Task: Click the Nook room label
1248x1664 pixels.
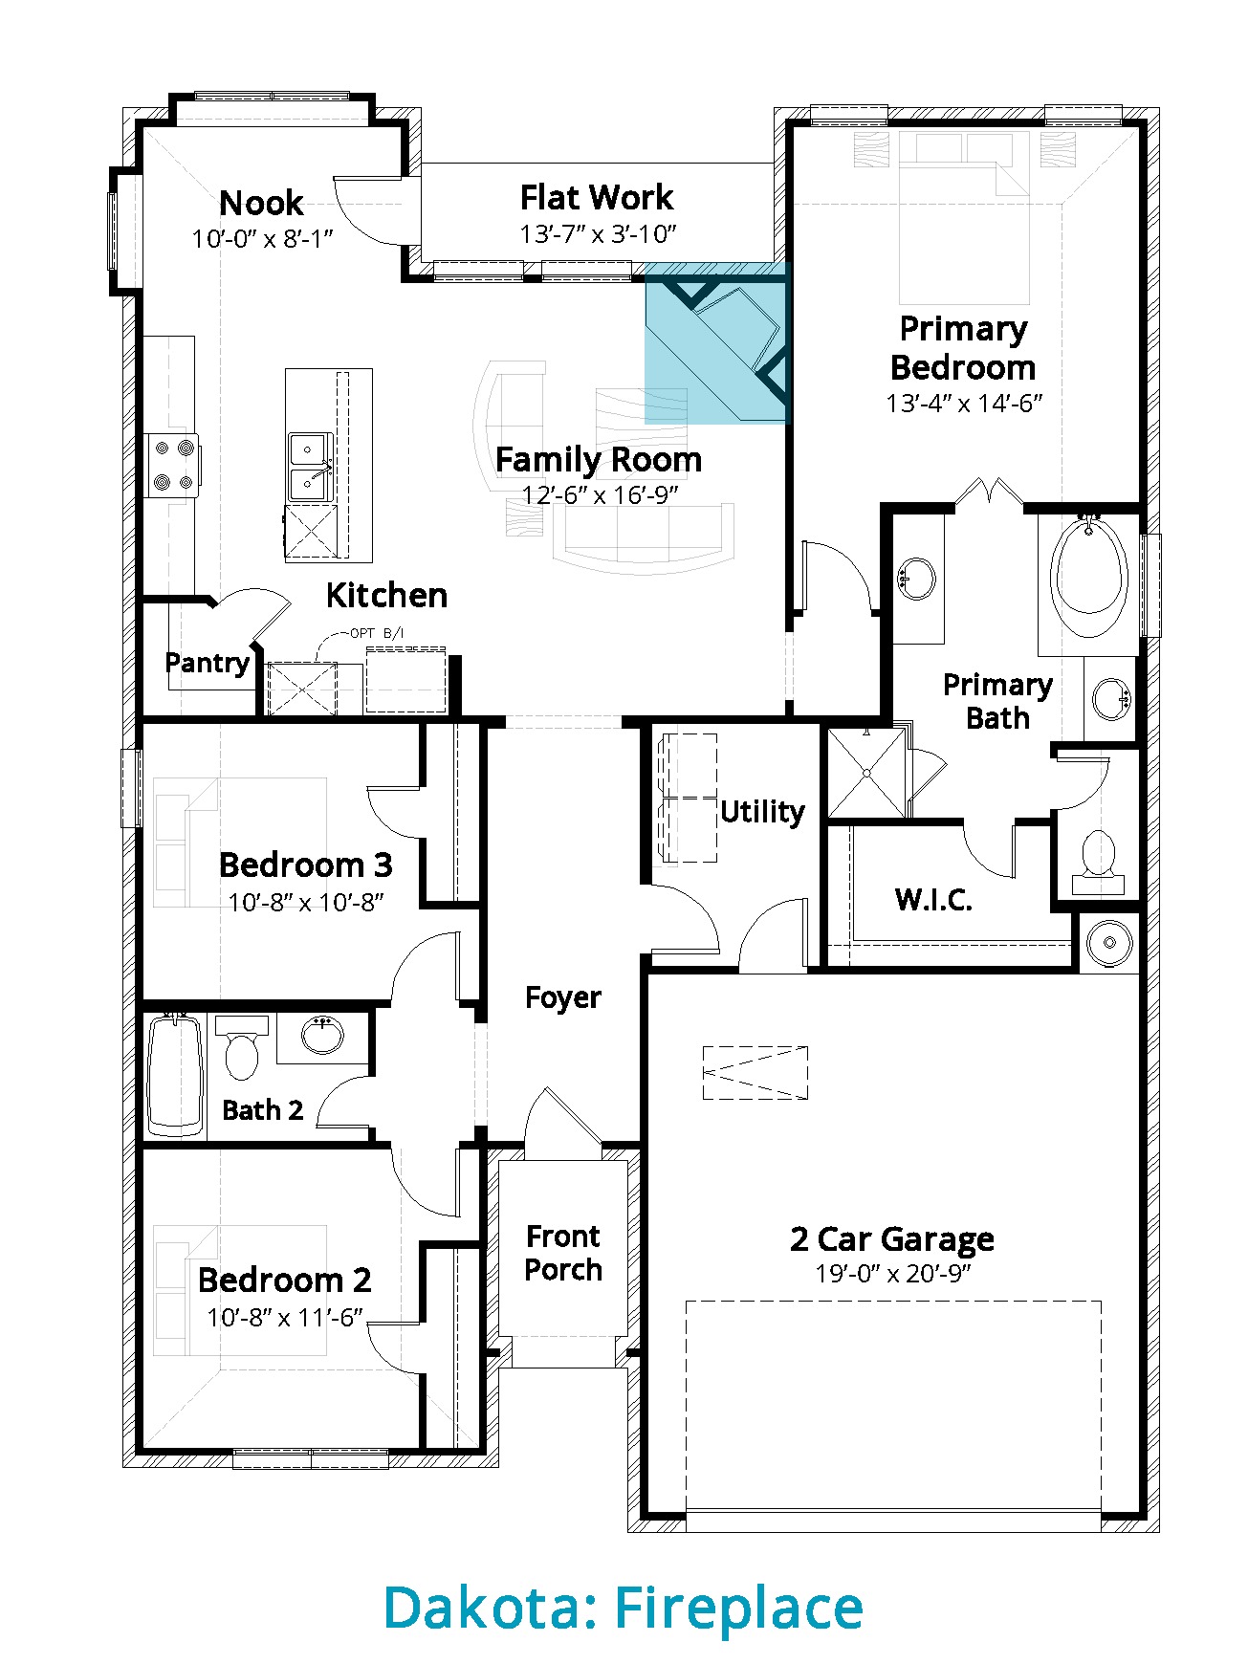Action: tap(261, 203)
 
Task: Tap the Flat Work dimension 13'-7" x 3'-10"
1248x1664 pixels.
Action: tap(598, 234)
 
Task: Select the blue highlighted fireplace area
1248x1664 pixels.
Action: tap(717, 342)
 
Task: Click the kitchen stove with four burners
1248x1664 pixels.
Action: tap(172, 465)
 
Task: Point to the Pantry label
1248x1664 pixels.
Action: tap(208, 663)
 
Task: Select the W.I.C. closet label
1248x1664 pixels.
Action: tap(933, 900)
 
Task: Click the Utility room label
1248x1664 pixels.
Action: tap(762, 812)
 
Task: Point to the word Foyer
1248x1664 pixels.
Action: tap(563, 997)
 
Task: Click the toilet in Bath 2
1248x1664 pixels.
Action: tap(242, 1046)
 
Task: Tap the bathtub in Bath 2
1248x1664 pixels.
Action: tap(177, 1075)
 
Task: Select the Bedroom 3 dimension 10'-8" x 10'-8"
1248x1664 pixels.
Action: tap(306, 902)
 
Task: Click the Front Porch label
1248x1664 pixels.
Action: tap(563, 1253)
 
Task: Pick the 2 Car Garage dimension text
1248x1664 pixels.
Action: tap(893, 1274)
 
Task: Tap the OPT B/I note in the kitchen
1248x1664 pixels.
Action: tap(377, 633)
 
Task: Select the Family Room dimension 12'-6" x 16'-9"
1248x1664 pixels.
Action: tap(600, 495)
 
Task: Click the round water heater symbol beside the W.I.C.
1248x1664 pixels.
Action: tap(1109, 942)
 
